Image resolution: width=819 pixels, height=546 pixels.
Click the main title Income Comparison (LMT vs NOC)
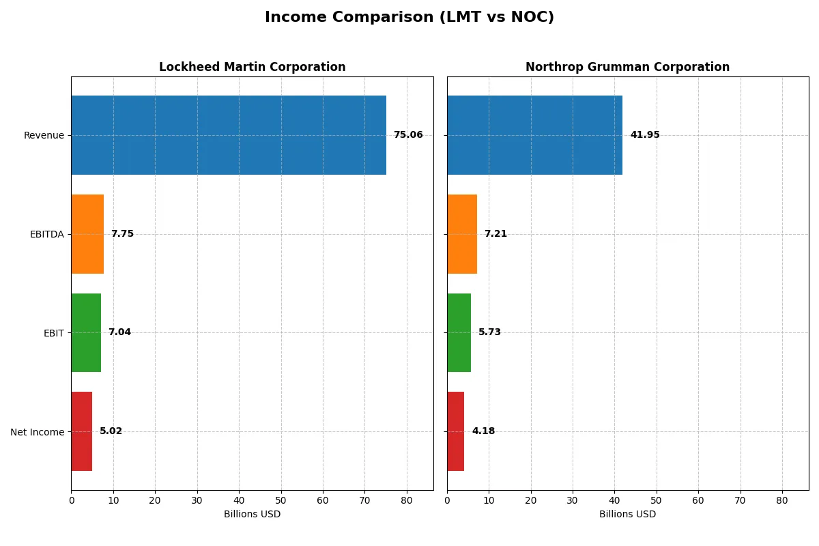click(409, 18)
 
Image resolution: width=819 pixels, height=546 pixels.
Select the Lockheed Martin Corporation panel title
click(252, 68)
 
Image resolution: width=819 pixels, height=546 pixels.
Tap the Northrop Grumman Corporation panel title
click(627, 68)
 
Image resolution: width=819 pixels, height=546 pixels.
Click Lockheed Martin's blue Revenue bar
click(229, 135)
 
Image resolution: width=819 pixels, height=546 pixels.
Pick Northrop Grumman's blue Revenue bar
click(534, 135)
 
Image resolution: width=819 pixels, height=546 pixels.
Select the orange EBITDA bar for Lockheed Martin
click(87, 234)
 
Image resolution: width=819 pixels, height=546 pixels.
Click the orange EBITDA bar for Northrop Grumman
click(462, 234)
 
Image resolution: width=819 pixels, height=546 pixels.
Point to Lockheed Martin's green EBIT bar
click(86, 333)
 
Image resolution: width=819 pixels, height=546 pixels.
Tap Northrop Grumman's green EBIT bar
click(459, 333)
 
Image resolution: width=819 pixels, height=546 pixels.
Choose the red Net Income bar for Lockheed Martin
click(82, 431)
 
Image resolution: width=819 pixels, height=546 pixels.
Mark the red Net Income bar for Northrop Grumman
click(456, 431)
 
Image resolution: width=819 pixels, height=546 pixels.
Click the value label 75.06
click(408, 135)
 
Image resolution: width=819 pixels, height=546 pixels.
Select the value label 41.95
click(645, 135)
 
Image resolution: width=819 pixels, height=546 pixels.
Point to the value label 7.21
click(495, 234)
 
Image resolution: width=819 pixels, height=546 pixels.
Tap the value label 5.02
click(111, 431)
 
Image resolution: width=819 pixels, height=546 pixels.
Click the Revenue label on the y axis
click(44, 135)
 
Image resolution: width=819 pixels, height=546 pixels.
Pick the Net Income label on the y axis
click(38, 432)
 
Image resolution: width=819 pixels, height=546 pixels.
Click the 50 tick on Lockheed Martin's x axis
click(281, 500)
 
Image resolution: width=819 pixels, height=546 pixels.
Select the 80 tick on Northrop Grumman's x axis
click(782, 500)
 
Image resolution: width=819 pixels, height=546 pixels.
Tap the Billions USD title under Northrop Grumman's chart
click(627, 515)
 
